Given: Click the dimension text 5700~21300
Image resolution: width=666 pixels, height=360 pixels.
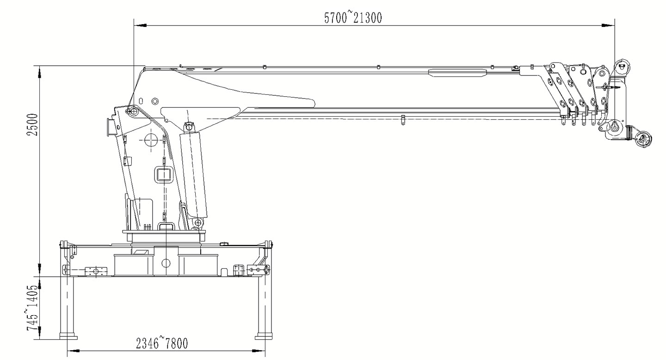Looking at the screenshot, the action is [353, 18].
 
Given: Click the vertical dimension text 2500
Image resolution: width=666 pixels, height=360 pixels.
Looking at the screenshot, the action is [32, 124].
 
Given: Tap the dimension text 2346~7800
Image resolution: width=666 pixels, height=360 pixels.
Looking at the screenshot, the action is [162, 343].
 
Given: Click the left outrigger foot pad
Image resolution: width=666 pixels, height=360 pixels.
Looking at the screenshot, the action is [68, 337].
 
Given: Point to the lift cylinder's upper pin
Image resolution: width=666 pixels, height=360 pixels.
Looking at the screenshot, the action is [189, 126].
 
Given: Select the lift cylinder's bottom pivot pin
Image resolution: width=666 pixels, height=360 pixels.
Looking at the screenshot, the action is [199, 222].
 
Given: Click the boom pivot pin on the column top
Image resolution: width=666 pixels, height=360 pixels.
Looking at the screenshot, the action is [134, 111].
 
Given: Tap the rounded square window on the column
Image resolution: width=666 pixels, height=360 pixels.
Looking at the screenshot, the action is [163, 175].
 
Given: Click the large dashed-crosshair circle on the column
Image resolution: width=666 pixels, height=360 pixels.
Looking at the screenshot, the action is [151, 139].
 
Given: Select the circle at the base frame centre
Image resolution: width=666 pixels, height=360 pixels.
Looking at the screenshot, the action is [166, 263].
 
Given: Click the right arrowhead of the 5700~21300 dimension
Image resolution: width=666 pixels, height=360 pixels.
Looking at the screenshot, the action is [608, 25].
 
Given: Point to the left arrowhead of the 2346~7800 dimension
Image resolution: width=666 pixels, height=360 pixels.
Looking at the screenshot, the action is [74, 351].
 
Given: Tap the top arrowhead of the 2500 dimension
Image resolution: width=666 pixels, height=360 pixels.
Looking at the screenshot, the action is [40, 72].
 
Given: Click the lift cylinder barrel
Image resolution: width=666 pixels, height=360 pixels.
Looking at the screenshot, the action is [194, 175].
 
